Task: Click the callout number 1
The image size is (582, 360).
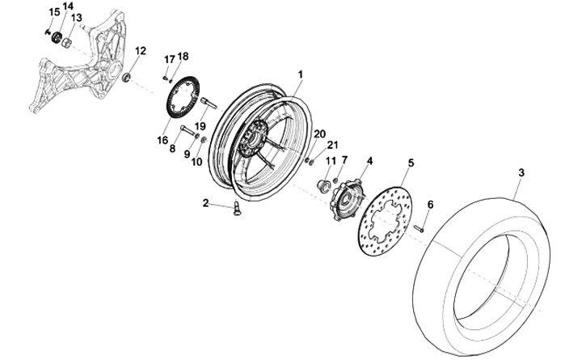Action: pos(300,73)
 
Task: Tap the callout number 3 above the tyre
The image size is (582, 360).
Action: pos(521,172)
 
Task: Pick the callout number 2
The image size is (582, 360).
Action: pos(205,203)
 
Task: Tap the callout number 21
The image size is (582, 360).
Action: pos(331,146)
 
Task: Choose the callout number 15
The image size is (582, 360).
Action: pos(54,11)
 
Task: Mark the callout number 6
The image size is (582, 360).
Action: pos(429,205)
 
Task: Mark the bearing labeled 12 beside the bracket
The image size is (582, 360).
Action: pos(127,77)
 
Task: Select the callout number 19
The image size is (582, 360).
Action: pos(200,126)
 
